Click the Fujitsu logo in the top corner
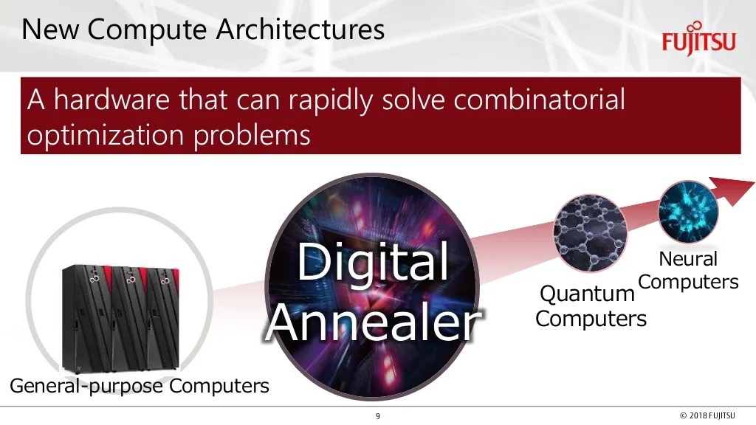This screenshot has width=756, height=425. [698, 39]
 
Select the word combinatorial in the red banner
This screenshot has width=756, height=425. [539, 99]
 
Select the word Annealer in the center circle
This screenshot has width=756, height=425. [373, 322]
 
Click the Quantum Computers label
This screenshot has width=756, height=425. [589, 306]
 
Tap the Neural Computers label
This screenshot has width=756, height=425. [688, 271]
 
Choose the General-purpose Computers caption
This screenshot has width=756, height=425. [139, 385]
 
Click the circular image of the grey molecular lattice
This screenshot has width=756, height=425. [589, 231]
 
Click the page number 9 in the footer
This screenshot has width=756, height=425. [378, 417]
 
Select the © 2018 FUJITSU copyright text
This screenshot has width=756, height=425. [707, 417]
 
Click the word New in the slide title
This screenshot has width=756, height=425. [50, 30]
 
